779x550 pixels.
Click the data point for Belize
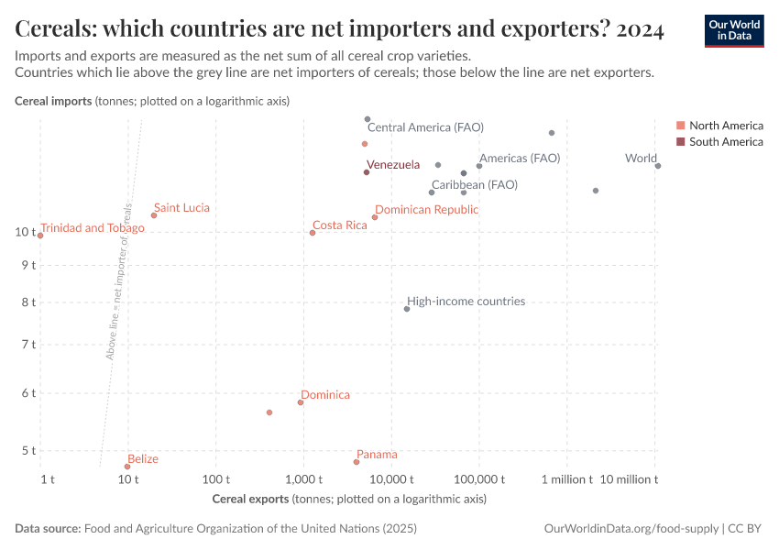click(127, 467)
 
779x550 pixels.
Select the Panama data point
click(357, 462)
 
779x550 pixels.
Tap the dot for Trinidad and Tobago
click(41, 236)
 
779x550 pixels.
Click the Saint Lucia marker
click(154, 215)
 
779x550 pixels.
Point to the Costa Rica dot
click(313, 233)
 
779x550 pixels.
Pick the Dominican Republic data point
click(375, 217)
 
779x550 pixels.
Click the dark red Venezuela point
click(367, 172)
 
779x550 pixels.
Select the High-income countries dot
click(407, 309)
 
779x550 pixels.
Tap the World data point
click(658, 166)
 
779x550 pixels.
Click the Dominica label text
click(325, 395)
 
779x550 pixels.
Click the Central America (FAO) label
click(425, 127)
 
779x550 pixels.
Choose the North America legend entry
click(726, 126)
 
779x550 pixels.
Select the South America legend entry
click(726, 142)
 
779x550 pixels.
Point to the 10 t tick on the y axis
click(24, 231)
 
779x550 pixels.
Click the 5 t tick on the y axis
click(27, 450)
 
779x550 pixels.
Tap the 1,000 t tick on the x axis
click(303, 479)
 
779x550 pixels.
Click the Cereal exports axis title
click(348, 500)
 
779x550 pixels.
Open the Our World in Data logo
click(733, 30)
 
